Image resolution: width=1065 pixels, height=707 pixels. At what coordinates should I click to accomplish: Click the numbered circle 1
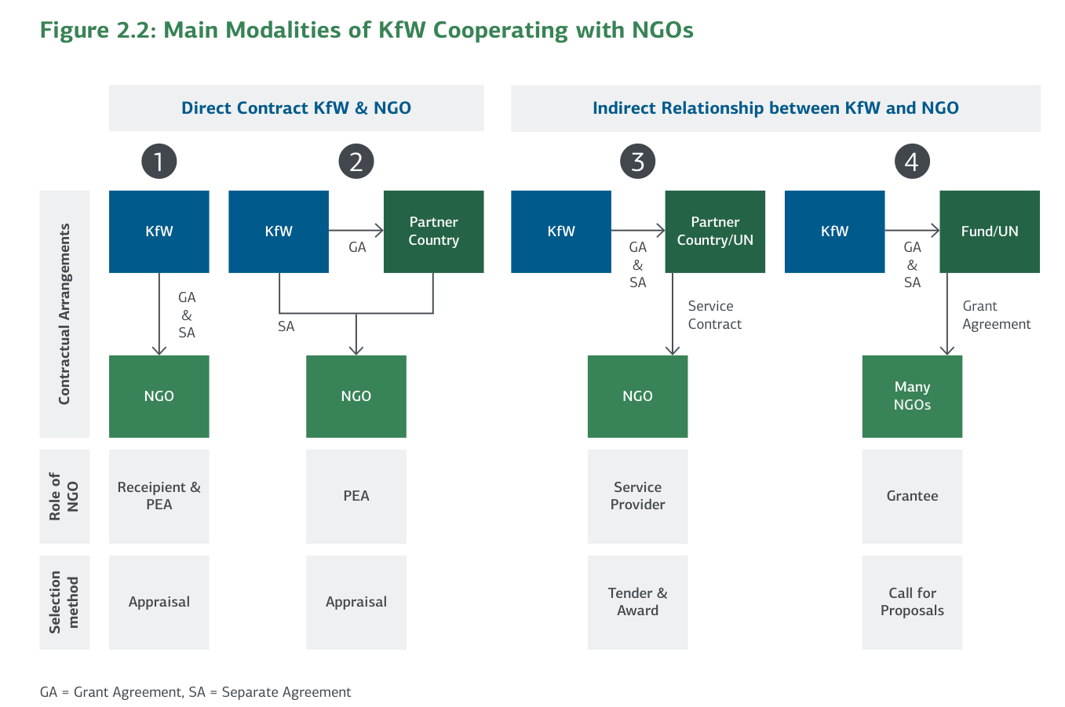[x=159, y=162]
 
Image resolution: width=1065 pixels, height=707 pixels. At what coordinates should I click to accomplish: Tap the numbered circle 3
[x=637, y=162]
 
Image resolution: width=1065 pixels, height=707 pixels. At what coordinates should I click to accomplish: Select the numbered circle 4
[x=911, y=162]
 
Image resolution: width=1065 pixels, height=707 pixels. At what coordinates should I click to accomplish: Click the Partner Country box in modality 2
[x=433, y=231]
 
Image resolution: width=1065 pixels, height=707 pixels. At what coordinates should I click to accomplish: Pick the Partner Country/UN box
[x=715, y=231]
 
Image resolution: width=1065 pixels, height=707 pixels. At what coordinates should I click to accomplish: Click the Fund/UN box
[x=990, y=231]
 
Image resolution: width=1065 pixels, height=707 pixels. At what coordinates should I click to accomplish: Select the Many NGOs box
[x=912, y=396]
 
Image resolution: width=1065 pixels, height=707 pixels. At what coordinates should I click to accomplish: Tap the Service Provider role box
[x=637, y=496]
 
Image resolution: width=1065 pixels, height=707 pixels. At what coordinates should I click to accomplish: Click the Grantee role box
[x=912, y=496]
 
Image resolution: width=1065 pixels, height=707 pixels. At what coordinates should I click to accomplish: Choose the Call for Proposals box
[x=912, y=602]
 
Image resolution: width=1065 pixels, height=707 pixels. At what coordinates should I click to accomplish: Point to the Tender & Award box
[x=637, y=602]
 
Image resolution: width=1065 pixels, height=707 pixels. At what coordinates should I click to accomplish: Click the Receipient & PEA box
[x=159, y=496]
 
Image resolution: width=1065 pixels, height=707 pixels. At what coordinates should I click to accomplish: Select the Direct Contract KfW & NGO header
[x=296, y=108]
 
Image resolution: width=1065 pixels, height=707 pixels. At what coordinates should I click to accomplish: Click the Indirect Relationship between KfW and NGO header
[x=775, y=108]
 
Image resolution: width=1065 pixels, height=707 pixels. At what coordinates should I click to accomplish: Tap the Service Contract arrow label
[x=714, y=315]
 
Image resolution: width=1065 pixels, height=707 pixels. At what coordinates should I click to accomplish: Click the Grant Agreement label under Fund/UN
[x=996, y=315]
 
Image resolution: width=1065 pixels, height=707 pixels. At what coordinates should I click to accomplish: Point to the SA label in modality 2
[x=286, y=326]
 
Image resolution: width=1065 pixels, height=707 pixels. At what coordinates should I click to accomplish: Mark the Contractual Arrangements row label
[x=64, y=314]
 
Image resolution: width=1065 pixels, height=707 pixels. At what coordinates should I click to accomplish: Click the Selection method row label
[x=64, y=602]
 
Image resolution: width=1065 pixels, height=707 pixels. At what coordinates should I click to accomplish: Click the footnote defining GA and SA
[x=195, y=692]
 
